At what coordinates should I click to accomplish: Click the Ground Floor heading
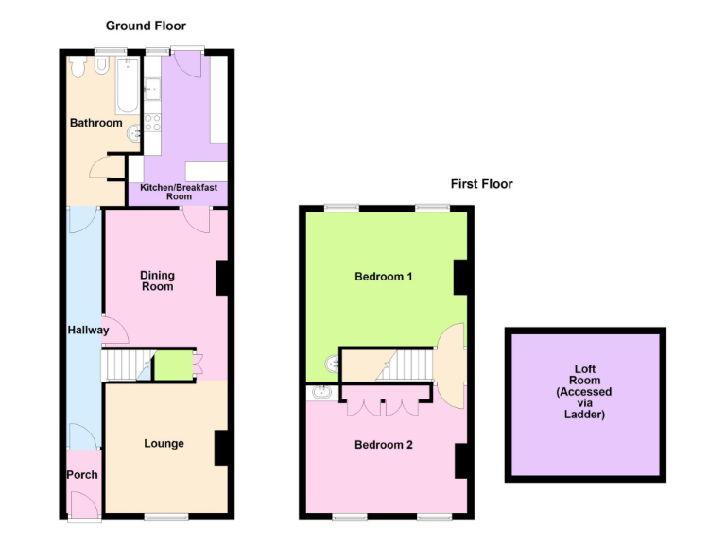145,25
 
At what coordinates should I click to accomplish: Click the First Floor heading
481,184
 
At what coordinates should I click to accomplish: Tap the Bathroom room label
95,123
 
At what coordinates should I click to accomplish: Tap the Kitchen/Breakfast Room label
179,193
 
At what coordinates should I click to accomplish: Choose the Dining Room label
158,280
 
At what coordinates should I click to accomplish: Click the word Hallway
87,331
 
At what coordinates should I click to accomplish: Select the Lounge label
164,443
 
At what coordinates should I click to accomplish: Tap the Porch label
81,474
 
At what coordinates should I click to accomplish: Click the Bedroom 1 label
384,277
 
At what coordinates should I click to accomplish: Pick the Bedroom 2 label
384,444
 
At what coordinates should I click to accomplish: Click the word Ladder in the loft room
584,415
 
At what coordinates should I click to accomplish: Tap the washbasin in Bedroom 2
320,392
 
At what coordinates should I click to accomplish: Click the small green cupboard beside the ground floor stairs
170,365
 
